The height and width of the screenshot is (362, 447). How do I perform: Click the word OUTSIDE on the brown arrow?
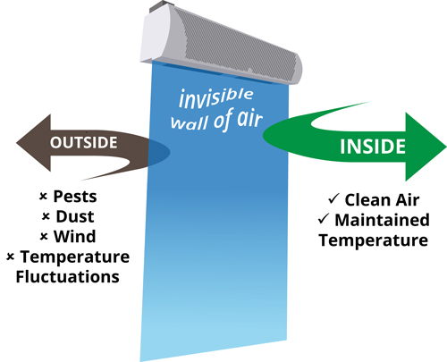tap(83, 142)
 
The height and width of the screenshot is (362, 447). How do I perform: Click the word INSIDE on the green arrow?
tap(373, 147)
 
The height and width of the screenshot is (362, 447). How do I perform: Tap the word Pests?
tap(75, 197)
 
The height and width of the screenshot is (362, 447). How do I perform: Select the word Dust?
tap(75, 216)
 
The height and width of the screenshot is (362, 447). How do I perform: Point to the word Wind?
tap(74, 237)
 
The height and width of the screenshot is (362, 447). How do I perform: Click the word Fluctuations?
tap(68, 277)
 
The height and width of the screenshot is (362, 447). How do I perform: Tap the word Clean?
tap(367, 200)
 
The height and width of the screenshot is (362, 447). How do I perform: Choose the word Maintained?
tap(382, 220)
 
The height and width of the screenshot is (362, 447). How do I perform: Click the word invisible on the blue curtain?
tap(216, 97)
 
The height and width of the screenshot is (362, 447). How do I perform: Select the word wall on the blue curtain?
tap(190, 122)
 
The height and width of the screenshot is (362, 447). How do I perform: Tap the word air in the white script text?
tap(249, 118)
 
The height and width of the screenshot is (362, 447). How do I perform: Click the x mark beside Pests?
tap(43, 197)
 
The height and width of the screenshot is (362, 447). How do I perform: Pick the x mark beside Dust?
tap(46, 216)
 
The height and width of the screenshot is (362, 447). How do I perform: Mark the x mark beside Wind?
tap(44, 237)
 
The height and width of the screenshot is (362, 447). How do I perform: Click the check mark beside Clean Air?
tap(333, 198)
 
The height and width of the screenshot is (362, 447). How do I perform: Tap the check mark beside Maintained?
tap(324, 218)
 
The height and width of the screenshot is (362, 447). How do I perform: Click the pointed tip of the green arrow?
tap(446, 147)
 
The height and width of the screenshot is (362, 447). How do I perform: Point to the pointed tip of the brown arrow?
tap(17, 143)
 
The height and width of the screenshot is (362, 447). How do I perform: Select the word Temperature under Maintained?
tap(374, 240)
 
